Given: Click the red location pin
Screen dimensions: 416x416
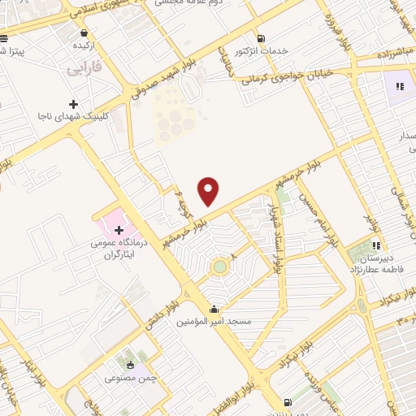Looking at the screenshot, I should point(210,190).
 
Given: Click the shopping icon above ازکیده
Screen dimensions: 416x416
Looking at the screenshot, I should point(84,33).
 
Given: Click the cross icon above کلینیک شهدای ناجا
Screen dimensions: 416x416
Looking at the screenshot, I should point(74,105).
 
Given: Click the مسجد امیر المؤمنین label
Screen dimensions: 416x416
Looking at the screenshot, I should point(214,322).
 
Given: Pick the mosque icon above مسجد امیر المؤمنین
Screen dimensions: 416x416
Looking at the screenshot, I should point(214,309).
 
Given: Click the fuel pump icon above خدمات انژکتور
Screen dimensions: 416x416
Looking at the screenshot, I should point(261,38).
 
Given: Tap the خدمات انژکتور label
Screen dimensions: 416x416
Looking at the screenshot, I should point(261,51).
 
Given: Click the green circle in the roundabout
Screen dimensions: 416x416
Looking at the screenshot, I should point(219,266).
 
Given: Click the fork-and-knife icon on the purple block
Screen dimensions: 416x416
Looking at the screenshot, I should point(399,85).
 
